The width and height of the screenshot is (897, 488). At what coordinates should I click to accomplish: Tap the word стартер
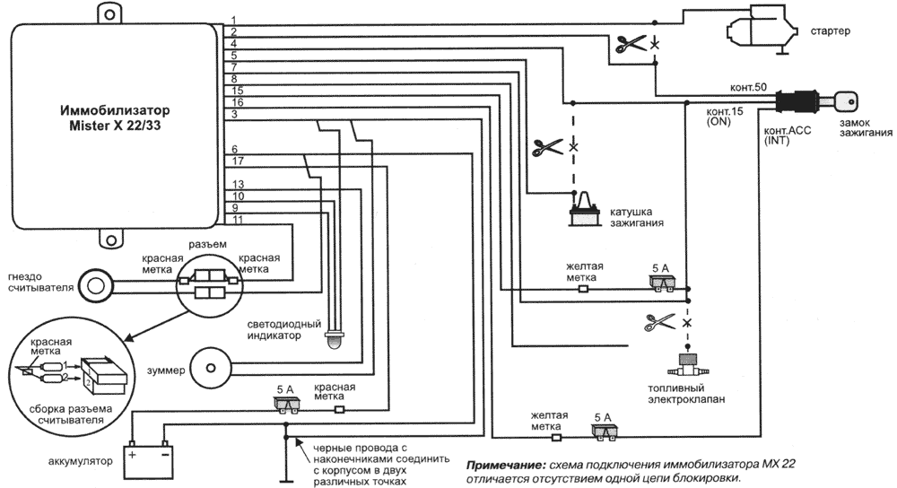(x=831, y=30)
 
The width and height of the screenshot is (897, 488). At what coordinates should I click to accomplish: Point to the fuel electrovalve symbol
(x=688, y=368)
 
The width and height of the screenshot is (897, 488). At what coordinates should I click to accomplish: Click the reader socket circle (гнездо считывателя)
(x=94, y=285)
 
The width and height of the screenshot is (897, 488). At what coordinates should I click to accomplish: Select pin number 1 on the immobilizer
(x=233, y=20)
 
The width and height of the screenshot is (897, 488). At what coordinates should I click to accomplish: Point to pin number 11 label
(x=237, y=219)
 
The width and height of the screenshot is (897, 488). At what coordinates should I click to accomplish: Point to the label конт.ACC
(x=786, y=130)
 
